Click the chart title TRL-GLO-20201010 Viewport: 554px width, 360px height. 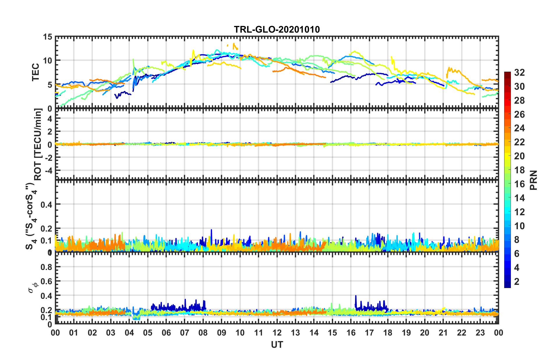pyautogui.click(x=277, y=29)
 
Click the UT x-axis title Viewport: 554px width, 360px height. pyautogui.click(x=277, y=345)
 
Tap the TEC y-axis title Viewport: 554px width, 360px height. pyautogui.click(x=36, y=72)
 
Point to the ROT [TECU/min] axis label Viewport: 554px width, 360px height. pyautogui.click(x=38, y=144)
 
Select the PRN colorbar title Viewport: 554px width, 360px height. pyautogui.click(x=534, y=180)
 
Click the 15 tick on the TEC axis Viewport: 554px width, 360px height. pyautogui.click(x=47, y=37)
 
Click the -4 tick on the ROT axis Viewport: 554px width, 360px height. pyautogui.click(x=48, y=170)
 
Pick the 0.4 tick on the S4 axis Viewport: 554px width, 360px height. pyautogui.click(x=46, y=204)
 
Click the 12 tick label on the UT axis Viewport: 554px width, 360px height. pyautogui.click(x=277, y=333)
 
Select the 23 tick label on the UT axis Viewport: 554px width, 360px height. pyautogui.click(x=480, y=333)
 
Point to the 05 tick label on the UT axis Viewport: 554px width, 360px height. pyautogui.click(x=148, y=333)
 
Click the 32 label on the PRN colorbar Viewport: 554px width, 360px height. pyautogui.click(x=519, y=73)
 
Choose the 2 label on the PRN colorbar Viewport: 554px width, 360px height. pyautogui.click(x=517, y=281)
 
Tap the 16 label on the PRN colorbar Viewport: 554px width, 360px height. pyautogui.click(x=519, y=184)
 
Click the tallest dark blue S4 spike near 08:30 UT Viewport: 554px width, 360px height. pyautogui.click(x=211, y=230)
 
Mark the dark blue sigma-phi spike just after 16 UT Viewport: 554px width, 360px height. pyautogui.click(x=356, y=296)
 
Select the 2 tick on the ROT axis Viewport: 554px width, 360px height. pyautogui.click(x=50, y=132)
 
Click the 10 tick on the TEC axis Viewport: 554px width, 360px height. pyautogui.click(x=47, y=61)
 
